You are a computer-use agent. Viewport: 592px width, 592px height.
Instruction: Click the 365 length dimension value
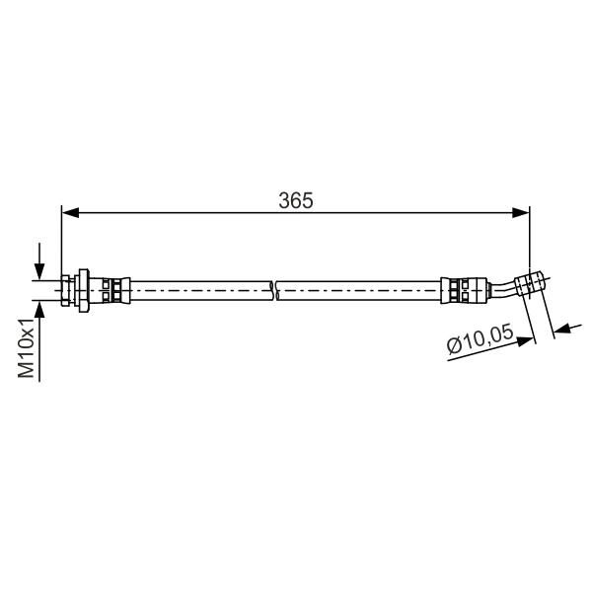pyautogui.click(x=296, y=200)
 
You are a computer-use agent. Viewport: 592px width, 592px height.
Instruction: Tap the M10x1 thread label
pyautogui.click(x=27, y=347)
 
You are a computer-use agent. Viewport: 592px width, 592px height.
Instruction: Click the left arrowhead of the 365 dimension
pyautogui.click(x=70, y=212)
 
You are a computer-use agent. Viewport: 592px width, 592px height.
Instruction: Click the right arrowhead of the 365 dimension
pyautogui.click(x=521, y=212)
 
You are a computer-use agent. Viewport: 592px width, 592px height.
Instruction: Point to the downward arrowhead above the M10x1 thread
pyautogui.click(x=39, y=271)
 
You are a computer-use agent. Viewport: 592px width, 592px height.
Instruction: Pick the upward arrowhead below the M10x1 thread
pyautogui.click(x=39, y=310)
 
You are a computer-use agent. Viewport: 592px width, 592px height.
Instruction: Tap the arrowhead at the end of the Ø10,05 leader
pyautogui.click(x=526, y=341)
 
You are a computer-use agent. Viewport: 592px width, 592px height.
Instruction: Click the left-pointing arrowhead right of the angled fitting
pyautogui.click(x=561, y=330)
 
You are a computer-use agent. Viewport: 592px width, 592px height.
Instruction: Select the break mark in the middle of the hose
pyautogui.click(x=275, y=290)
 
